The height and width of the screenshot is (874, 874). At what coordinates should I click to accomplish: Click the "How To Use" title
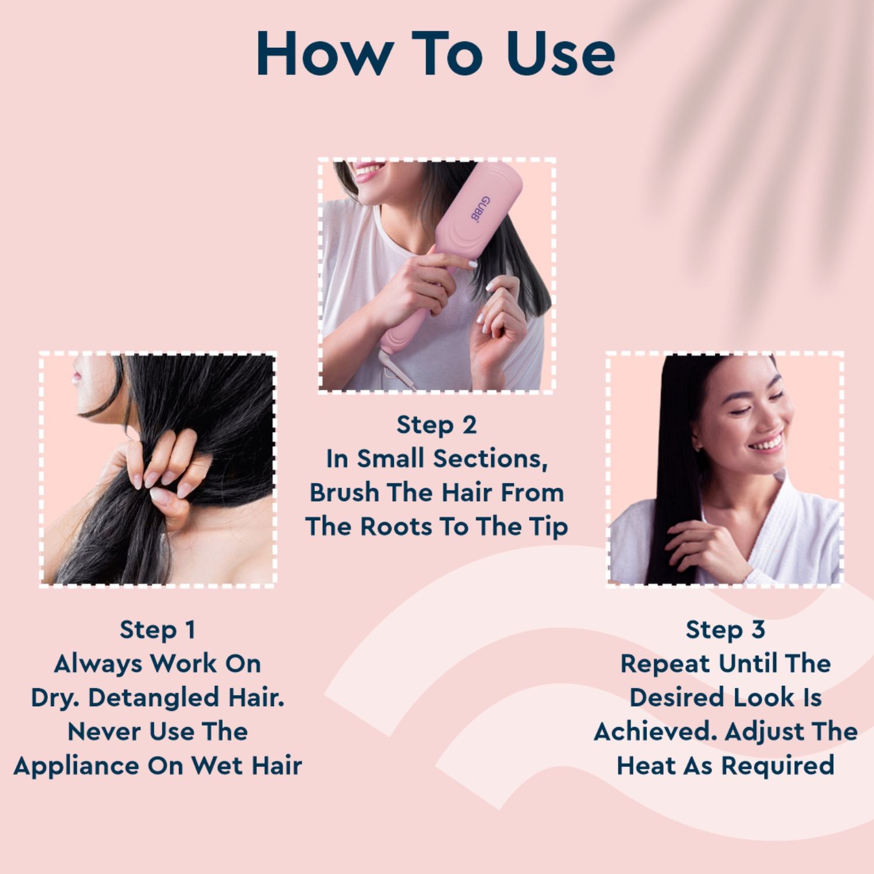[436, 54]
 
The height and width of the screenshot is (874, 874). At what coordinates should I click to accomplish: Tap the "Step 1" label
[157, 630]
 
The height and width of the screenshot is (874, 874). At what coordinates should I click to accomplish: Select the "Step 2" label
[436, 425]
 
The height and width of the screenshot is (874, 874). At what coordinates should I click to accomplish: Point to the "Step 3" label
[725, 630]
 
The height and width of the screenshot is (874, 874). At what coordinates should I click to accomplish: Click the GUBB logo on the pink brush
[480, 209]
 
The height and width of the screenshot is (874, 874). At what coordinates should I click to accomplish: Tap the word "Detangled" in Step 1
[154, 697]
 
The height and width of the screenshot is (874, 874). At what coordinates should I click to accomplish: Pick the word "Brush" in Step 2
[344, 493]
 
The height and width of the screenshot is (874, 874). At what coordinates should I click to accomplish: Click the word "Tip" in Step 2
[548, 527]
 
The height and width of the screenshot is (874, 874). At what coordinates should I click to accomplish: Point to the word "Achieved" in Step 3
[655, 732]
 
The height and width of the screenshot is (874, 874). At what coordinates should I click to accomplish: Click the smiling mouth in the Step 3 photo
[766, 445]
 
